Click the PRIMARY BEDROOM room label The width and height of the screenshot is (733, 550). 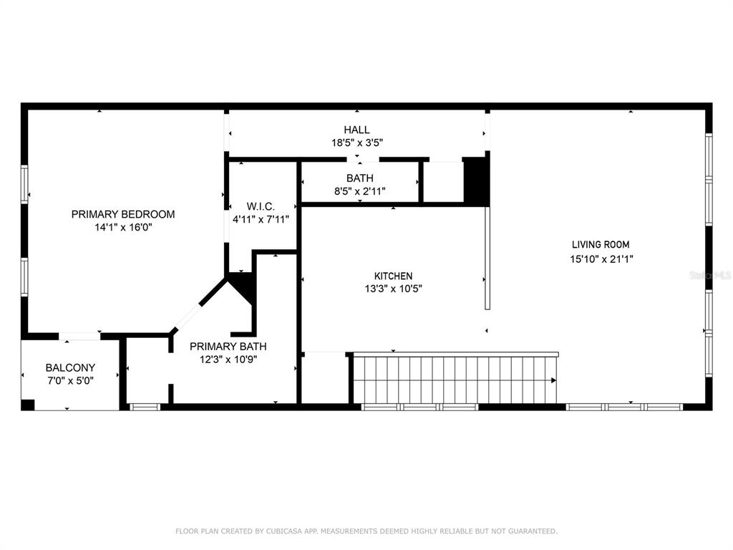(x=123, y=214)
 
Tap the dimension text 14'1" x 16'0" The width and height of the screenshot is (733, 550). (x=123, y=228)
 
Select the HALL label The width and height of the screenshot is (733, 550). (x=356, y=130)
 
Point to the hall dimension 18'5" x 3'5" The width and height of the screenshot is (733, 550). (x=357, y=143)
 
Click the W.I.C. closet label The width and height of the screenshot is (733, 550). (x=261, y=206)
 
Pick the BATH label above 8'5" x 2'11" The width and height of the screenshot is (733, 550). (x=360, y=178)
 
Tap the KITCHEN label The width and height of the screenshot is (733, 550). (x=393, y=276)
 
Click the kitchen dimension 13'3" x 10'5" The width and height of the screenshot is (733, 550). (x=393, y=289)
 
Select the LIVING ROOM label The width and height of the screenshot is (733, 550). (x=601, y=245)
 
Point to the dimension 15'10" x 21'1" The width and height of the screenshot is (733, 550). (x=601, y=259)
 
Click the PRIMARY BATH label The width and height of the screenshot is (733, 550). (x=228, y=347)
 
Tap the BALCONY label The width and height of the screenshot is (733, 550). (x=70, y=367)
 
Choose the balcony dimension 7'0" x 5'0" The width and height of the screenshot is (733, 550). (x=70, y=381)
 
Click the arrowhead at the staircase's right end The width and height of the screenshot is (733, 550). (x=554, y=380)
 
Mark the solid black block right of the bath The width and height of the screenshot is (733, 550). (x=476, y=180)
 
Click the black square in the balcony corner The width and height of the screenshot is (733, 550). (x=28, y=405)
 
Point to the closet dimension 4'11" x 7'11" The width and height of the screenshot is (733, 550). (x=261, y=219)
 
